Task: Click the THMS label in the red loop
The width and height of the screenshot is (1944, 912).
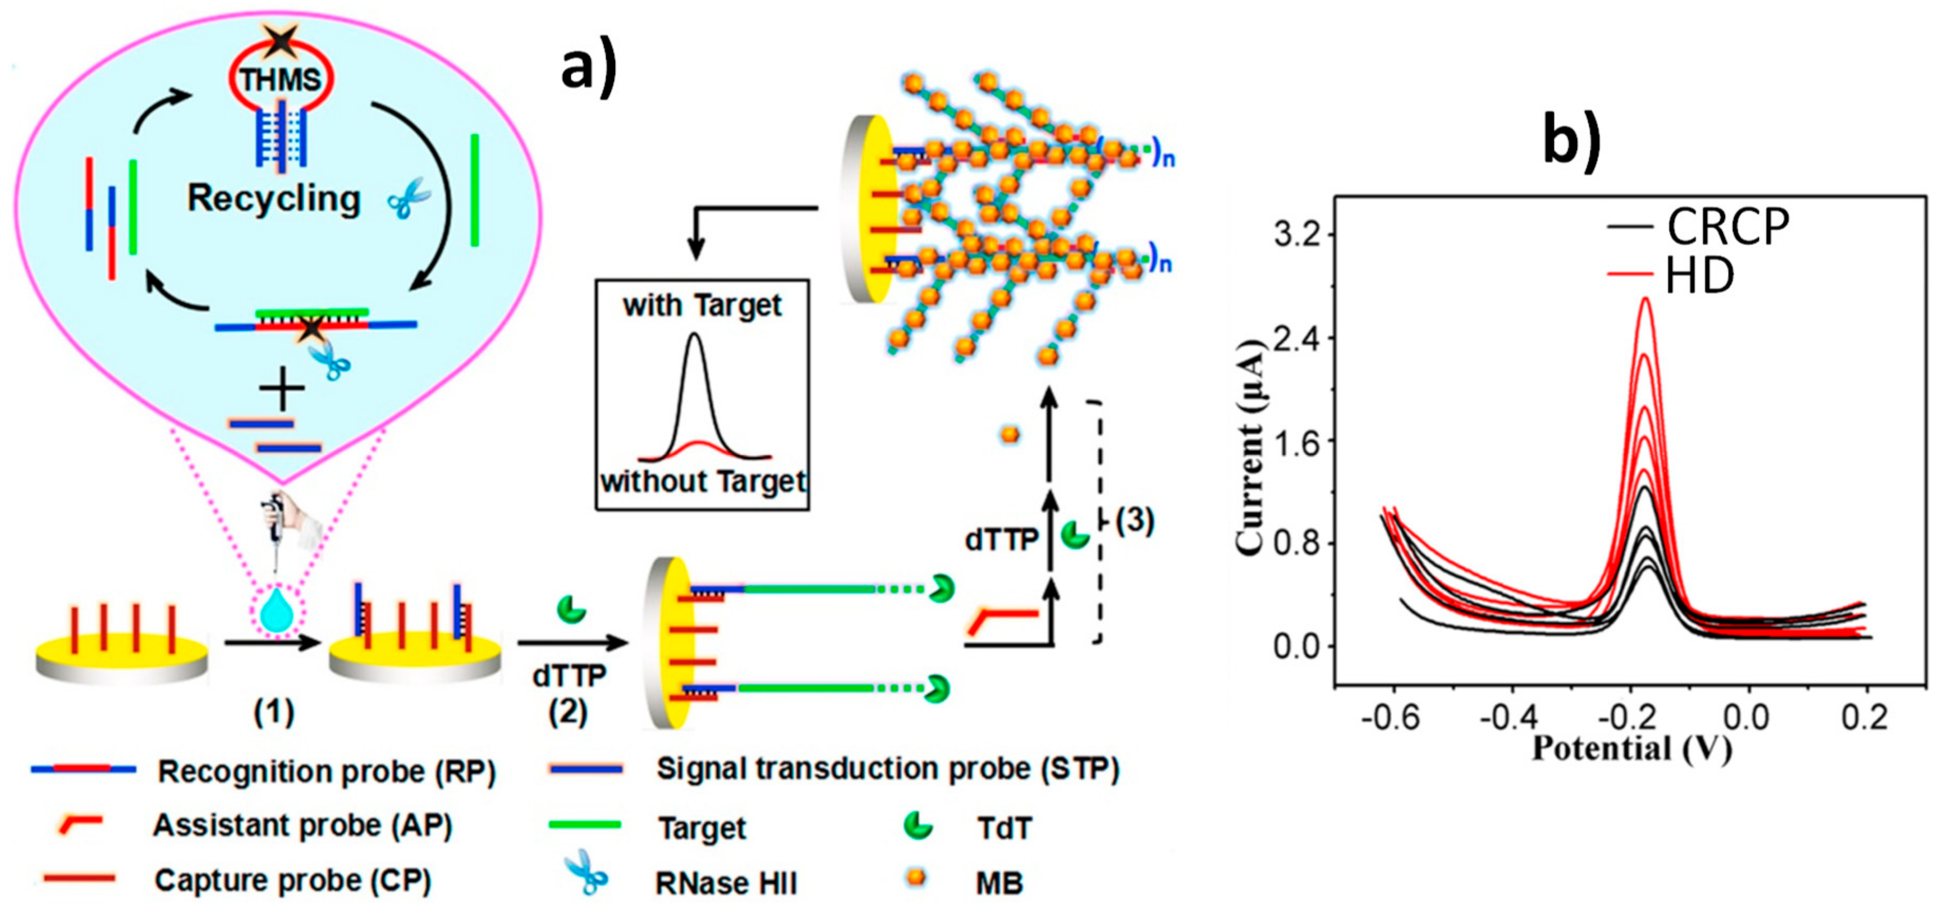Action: (x=281, y=79)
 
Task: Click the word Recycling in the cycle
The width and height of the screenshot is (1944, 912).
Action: (x=274, y=199)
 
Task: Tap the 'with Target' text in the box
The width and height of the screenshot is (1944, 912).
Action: (x=702, y=305)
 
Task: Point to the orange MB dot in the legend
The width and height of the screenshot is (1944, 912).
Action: (x=916, y=877)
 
